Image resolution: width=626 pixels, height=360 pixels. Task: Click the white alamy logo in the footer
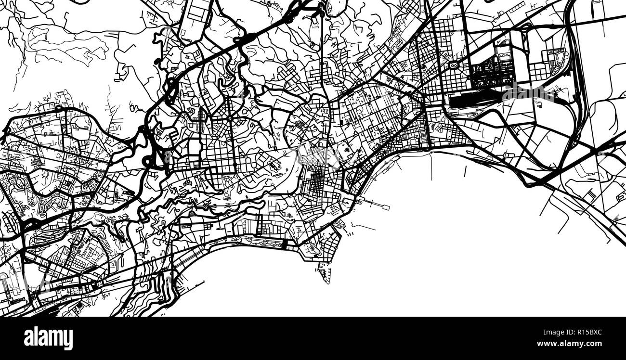[48, 338]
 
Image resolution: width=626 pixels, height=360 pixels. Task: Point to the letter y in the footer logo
[68, 339]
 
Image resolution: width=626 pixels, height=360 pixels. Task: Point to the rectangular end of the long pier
[386, 208]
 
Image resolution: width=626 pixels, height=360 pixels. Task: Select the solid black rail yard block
[474, 101]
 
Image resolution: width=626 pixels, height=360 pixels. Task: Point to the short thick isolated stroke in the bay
[466, 171]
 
